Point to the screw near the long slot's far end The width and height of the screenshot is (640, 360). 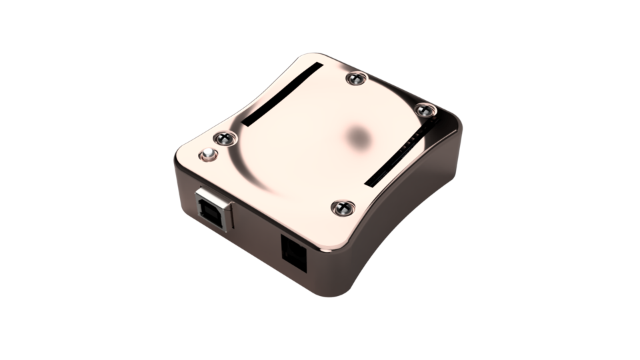[x=353, y=79]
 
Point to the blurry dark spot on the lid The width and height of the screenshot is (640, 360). [x=361, y=136]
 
